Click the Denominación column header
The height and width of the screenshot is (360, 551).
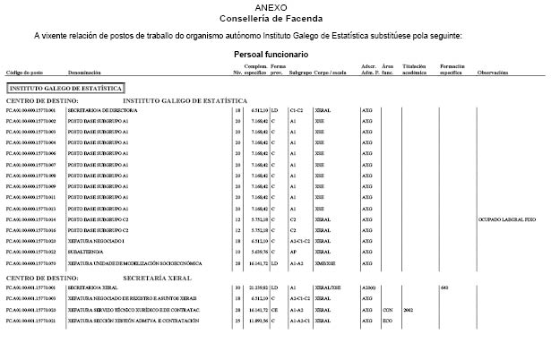pos(83,73)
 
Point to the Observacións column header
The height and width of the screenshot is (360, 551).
pos(494,73)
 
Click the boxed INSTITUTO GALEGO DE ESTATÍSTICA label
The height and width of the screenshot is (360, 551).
pos(65,90)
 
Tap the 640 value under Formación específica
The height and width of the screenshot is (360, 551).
pos(444,287)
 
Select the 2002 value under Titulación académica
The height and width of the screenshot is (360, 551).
pos(408,309)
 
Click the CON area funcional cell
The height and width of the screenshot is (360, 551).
pos(387,309)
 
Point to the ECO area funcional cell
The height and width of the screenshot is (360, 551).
pos(387,320)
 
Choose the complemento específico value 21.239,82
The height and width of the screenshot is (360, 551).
pos(255,287)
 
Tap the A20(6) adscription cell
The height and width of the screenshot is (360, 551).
pos(367,287)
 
